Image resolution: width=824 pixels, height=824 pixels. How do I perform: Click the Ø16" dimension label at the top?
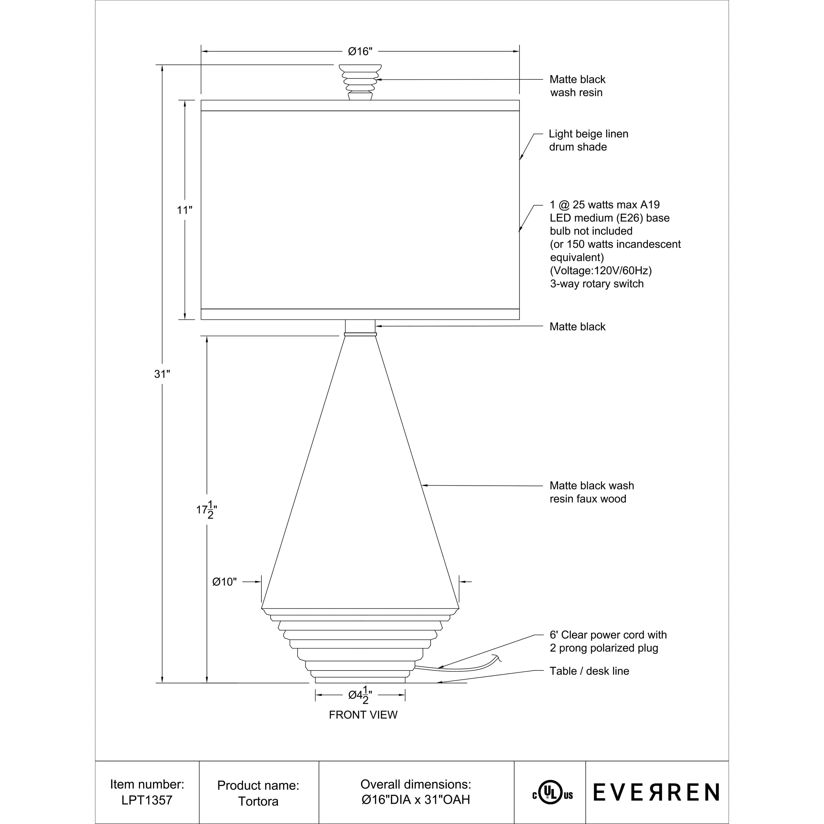coord(360,52)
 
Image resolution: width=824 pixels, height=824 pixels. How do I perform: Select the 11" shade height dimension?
coord(185,210)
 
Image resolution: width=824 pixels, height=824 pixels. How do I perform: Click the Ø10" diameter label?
coord(224,582)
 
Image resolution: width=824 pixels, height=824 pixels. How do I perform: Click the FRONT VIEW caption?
coord(363,715)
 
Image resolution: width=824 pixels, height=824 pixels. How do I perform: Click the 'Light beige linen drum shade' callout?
coord(588,140)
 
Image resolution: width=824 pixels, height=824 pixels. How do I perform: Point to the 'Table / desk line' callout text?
coord(589,671)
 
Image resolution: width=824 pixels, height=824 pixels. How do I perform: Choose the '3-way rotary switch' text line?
coord(596,284)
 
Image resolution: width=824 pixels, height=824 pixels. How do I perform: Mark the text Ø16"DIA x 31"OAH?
coord(415,800)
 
